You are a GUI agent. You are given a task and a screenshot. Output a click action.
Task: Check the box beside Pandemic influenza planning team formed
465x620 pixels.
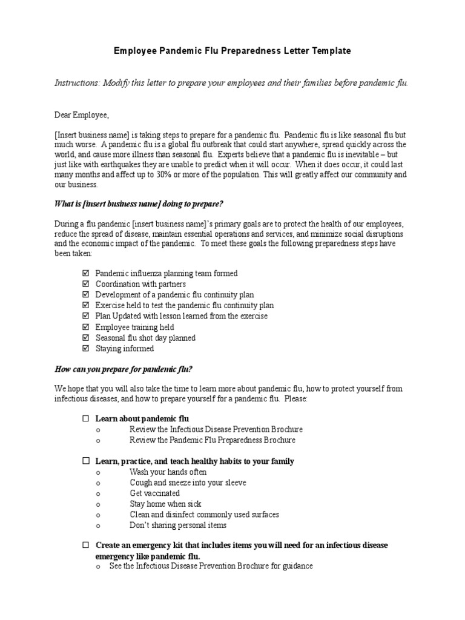coord(85,274)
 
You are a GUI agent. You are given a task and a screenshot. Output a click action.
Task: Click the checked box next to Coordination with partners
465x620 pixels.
coord(85,284)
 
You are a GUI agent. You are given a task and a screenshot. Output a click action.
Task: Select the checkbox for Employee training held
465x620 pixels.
coord(85,327)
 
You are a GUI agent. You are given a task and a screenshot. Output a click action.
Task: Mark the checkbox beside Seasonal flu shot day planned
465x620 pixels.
coord(85,338)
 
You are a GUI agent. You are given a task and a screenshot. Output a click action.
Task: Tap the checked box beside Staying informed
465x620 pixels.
coord(85,349)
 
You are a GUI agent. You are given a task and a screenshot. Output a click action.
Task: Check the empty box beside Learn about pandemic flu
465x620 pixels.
coord(85,418)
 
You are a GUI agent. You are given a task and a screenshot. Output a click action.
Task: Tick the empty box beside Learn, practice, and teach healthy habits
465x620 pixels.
coord(85,461)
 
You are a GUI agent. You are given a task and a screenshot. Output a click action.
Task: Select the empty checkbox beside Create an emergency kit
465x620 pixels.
coord(85,545)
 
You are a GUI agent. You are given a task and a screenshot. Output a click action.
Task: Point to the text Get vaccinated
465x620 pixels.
coord(154,493)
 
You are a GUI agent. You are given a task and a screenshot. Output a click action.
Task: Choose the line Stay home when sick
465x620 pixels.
coord(165,504)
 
